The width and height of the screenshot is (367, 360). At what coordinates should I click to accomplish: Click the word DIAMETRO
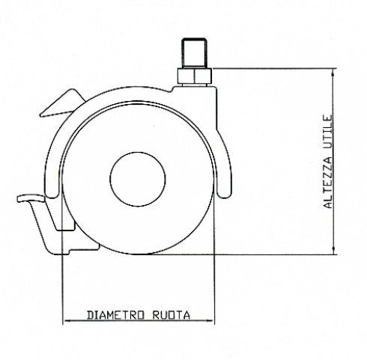[116, 315]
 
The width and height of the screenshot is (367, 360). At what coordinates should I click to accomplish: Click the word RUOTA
[172, 315]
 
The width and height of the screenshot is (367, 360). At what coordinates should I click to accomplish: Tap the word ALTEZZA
[328, 183]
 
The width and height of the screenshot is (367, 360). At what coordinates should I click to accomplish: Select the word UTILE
[328, 132]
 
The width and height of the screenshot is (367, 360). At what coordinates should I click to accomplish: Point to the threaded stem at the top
[194, 52]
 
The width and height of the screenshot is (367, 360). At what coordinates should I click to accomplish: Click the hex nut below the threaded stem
[195, 76]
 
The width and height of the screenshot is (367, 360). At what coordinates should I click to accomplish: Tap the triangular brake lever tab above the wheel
[62, 103]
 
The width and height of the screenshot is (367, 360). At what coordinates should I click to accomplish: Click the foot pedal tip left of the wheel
[31, 198]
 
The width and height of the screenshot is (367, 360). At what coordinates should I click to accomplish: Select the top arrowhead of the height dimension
[333, 72]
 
